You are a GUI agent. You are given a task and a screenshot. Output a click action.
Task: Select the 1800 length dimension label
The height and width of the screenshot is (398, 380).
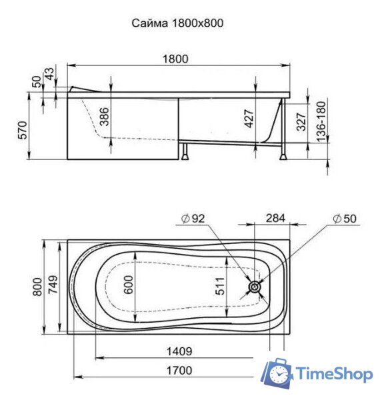[177, 59]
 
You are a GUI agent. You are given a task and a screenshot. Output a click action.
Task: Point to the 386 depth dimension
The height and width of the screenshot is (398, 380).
[103, 117]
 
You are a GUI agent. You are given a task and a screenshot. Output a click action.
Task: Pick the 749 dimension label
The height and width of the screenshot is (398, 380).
[53, 287]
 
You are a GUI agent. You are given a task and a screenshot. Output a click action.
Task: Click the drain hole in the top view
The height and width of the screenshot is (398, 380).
[255, 287]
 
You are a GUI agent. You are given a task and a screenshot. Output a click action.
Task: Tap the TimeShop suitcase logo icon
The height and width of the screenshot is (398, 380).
[276, 375]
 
